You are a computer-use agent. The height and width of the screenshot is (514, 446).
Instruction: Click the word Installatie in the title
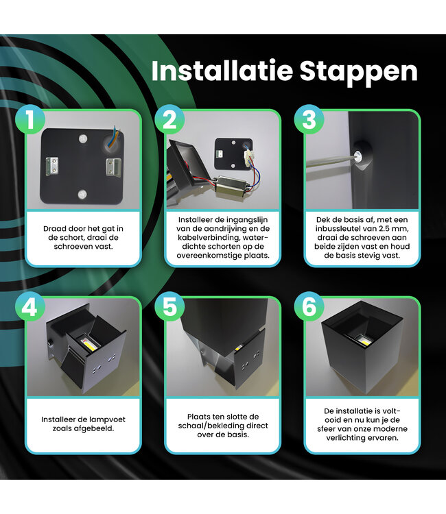click(x=222, y=71)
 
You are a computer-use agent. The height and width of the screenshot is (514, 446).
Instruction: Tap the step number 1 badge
click(x=30, y=119)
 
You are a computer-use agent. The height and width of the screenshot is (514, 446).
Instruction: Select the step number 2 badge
click(x=169, y=119)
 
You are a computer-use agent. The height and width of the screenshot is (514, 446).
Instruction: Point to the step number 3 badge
click(x=309, y=119)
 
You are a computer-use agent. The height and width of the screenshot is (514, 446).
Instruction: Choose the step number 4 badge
click(x=30, y=307)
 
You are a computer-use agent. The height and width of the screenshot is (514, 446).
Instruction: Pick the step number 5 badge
click(x=169, y=307)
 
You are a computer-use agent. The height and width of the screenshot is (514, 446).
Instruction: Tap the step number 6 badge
click(x=309, y=307)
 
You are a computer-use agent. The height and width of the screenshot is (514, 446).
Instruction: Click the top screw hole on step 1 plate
click(x=83, y=138)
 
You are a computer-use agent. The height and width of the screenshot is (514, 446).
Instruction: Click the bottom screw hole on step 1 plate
click(x=82, y=195)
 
